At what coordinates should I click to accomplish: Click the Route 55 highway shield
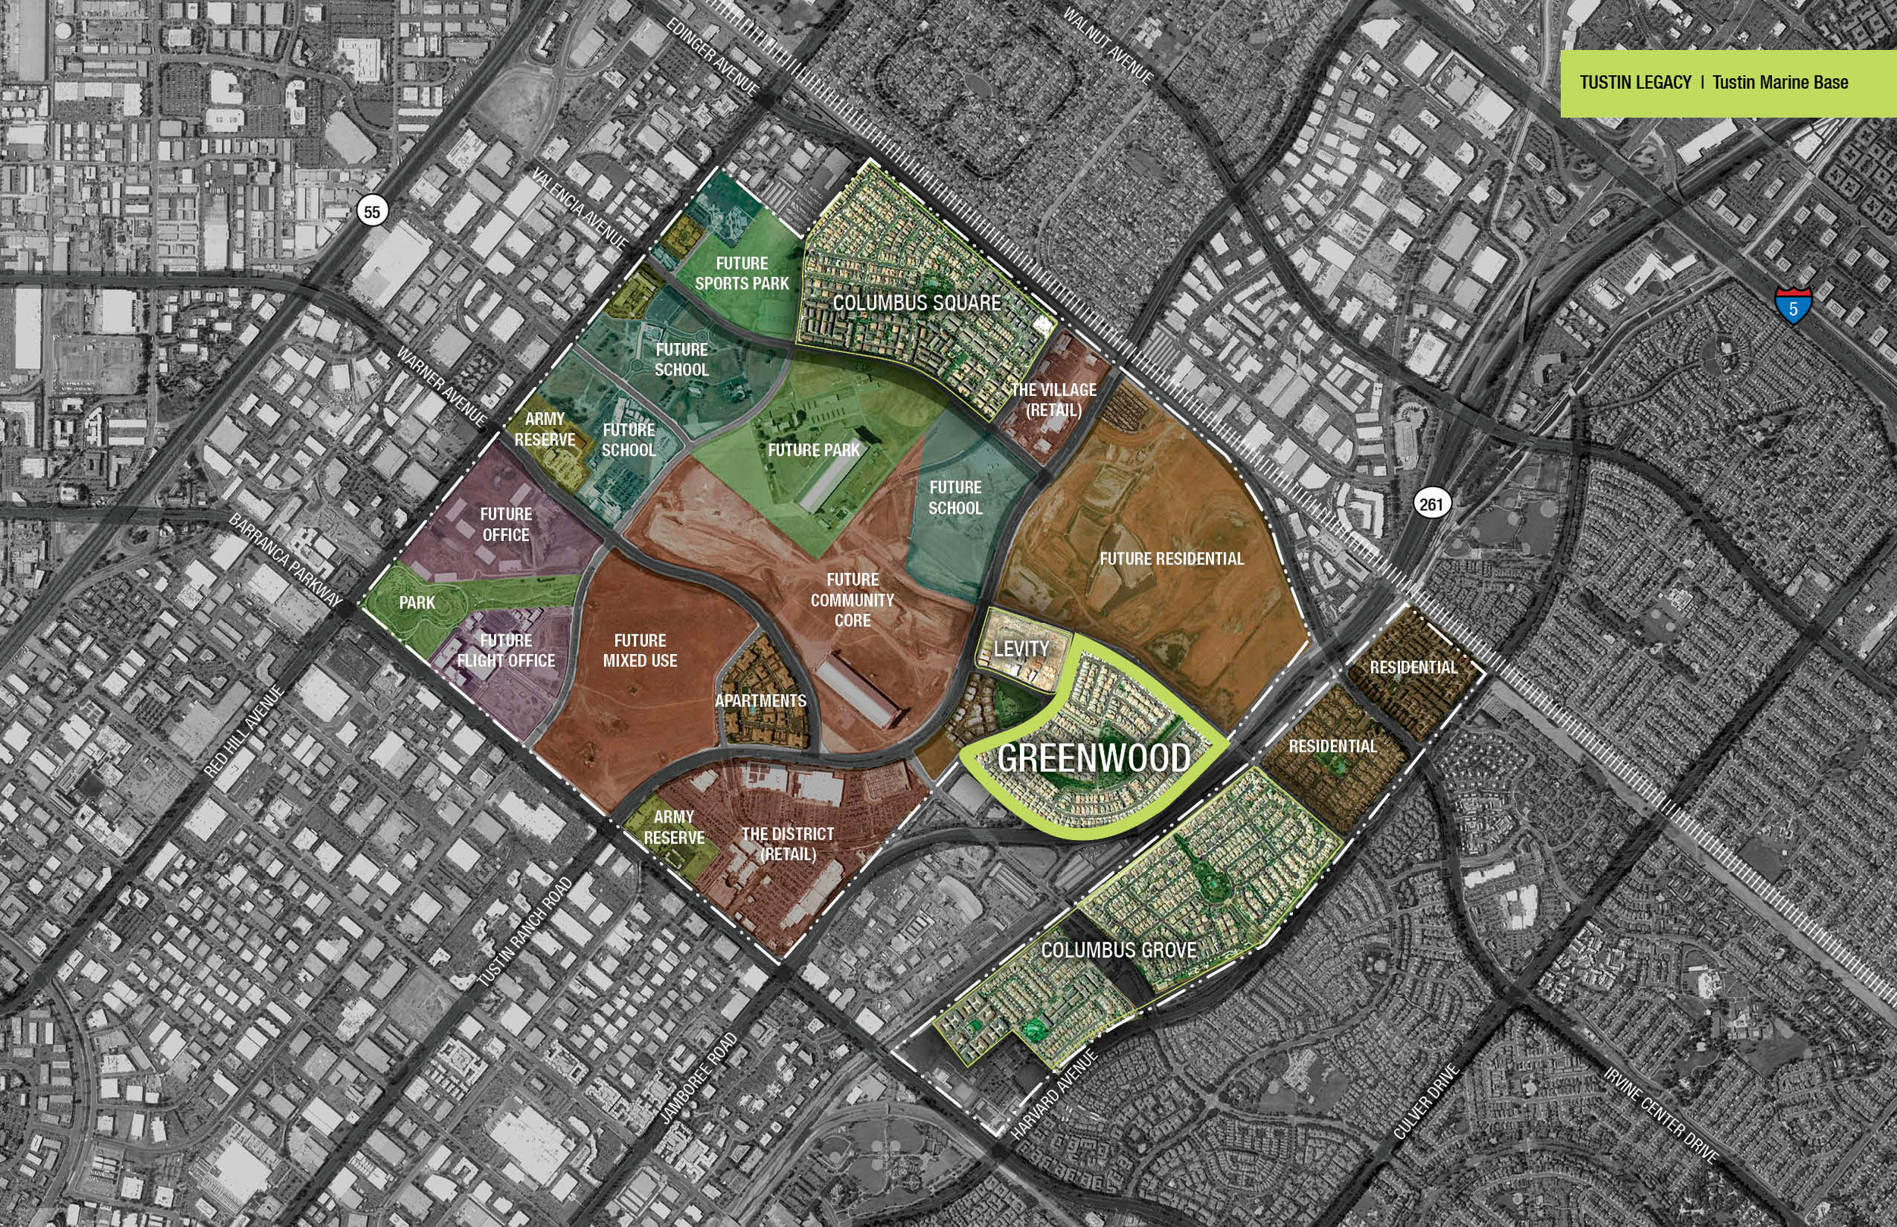[x=371, y=211]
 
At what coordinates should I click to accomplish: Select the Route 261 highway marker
[x=1430, y=504]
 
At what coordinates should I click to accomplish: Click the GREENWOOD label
[x=1093, y=758]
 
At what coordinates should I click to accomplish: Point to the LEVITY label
[x=1021, y=649]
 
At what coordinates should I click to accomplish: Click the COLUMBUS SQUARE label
[x=916, y=303]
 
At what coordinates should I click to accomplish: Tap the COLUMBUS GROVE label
[x=1118, y=950]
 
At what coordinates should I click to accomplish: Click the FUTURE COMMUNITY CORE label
[x=851, y=600]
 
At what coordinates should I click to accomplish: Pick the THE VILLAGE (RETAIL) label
[x=1053, y=400]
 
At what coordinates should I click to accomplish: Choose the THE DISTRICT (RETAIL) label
[x=787, y=844]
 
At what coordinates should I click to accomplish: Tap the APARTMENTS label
[x=760, y=701]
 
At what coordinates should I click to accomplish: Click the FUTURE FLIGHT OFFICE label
[x=506, y=650]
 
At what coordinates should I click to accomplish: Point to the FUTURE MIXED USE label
[x=640, y=650]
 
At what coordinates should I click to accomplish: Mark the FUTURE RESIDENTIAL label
[x=1171, y=558]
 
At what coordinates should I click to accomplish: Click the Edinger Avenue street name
[x=712, y=57]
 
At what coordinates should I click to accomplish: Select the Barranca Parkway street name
[x=285, y=558]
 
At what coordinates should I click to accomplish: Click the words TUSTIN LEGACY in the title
[x=1635, y=82]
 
